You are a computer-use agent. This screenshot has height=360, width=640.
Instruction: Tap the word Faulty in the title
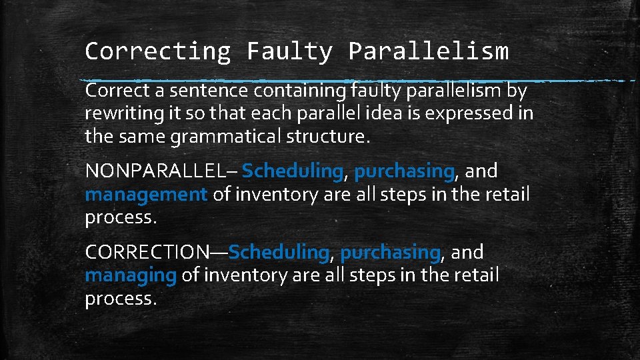click(289, 51)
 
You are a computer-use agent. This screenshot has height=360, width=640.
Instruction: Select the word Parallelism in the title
click(428, 51)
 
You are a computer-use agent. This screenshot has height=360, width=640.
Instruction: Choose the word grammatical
click(227, 137)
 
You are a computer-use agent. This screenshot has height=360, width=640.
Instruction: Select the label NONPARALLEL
click(155, 171)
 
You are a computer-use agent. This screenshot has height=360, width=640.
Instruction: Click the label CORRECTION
click(147, 253)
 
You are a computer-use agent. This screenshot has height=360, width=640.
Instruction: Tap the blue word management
click(147, 195)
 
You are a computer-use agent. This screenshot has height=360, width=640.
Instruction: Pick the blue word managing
click(131, 275)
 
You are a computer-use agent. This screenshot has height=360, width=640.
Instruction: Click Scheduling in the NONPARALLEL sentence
click(292, 171)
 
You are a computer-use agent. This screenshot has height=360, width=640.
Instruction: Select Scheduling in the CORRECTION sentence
click(279, 253)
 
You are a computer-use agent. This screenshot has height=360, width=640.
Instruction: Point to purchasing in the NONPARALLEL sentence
click(404, 171)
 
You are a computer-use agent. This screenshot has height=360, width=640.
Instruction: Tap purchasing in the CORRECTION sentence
click(390, 253)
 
